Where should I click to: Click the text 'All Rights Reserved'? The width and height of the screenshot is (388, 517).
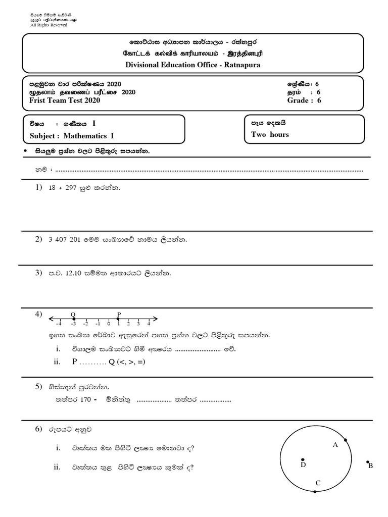click(x=48, y=24)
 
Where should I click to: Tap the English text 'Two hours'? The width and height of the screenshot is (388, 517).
click(x=270, y=134)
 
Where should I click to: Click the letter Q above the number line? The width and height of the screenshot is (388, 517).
click(x=73, y=314)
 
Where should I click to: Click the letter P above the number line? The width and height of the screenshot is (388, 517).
click(x=119, y=314)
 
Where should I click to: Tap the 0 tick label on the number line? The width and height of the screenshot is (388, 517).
click(x=109, y=324)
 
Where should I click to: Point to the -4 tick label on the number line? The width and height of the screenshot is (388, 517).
click(x=59, y=324)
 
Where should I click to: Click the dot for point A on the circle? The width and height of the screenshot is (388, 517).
click(x=346, y=440)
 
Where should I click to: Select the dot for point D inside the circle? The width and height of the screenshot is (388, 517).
click(x=302, y=459)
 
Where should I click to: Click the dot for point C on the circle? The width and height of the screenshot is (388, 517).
click(x=315, y=491)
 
